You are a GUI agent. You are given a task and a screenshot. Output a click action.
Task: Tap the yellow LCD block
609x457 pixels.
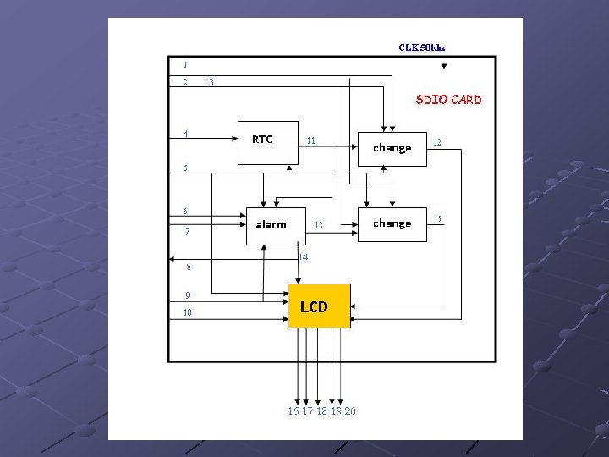point(319,306)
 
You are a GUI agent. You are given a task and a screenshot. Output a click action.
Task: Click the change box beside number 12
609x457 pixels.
point(392,148)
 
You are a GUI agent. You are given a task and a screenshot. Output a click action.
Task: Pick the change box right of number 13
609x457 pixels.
point(392,224)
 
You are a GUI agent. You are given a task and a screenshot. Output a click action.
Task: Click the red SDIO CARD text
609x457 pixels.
point(448,100)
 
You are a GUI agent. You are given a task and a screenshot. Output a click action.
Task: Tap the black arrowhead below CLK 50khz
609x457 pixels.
point(444,66)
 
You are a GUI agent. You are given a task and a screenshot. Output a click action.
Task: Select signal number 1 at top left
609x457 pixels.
point(185,64)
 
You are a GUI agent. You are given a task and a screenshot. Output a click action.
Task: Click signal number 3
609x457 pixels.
point(211,82)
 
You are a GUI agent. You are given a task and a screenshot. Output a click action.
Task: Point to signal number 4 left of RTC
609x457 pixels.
point(186,133)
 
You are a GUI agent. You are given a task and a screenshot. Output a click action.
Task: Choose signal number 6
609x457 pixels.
point(185,211)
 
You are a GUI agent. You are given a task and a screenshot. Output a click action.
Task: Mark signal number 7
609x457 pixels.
point(187,231)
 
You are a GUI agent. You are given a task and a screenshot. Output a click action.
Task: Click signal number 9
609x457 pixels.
point(188,295)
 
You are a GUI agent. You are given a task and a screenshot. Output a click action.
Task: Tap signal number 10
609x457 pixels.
point(188,312)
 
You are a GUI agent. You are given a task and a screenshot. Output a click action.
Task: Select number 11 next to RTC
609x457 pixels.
point(311,140)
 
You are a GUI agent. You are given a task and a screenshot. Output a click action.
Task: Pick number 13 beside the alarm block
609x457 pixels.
point(319,225)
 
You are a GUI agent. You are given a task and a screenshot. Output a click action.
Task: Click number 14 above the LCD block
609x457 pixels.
point(304,256)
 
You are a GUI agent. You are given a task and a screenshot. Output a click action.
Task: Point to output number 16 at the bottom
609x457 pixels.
point(294,411)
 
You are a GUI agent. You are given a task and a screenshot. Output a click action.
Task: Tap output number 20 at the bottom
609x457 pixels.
point(350,411)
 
